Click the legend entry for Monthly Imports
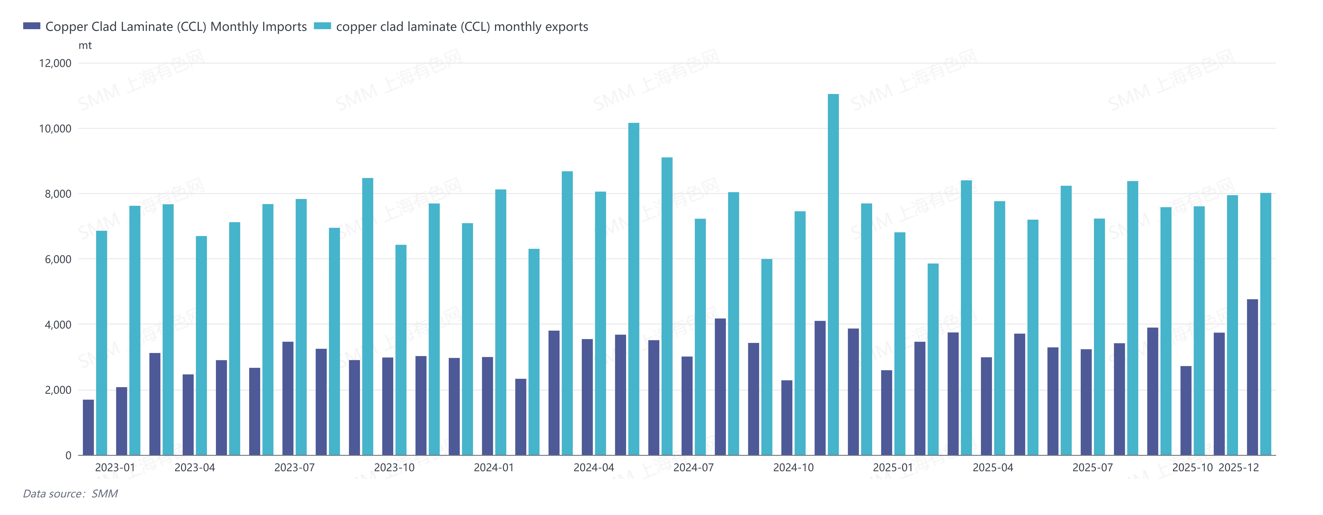(164, 27)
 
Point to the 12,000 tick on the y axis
(55, 63)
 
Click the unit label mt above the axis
(85, 46)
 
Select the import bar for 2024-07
(687, 406)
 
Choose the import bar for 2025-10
(1186, 411)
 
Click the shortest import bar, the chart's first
(88, 427)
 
